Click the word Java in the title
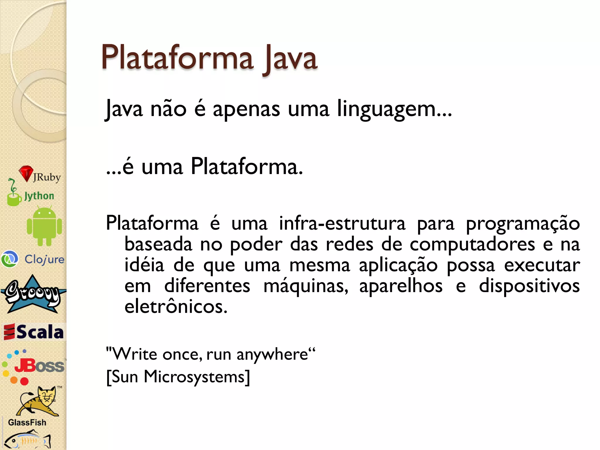(x=290, y=59)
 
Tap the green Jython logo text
(x=39, y=196)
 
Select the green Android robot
(x=44, y=226)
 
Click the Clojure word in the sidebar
(x=45, y=260)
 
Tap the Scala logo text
(x=40, y=332)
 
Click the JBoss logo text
(x=39, y=366)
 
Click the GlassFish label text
(x=27, y=422)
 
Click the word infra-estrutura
(x=342, y=223)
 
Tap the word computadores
(x=472, y=244)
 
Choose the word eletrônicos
(x=176, y=307)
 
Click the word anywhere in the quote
(x=272, y=354)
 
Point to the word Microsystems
(x=194, y=377)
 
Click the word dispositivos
(x=529, y=286)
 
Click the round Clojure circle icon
(x=10, y=259)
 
